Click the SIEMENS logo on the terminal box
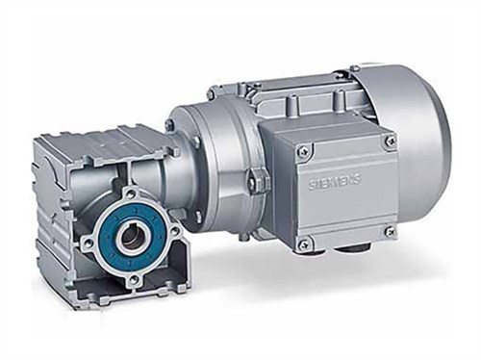click(x=335, y=183)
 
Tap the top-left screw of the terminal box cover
click(x=305, y=149)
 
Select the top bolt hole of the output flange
click(x=129, y=193)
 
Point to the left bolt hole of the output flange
click(x=88, y=241)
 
